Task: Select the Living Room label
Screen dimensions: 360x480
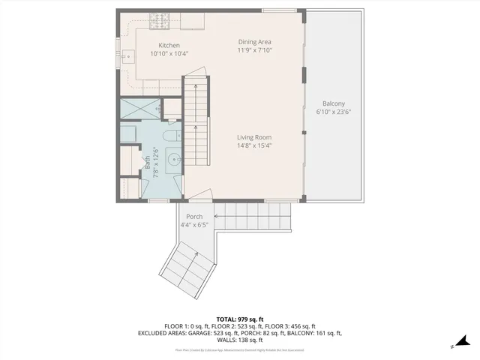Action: tap(254, 137)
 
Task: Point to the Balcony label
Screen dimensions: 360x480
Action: tap(334, 103)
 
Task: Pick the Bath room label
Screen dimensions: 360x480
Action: tap(147, 160)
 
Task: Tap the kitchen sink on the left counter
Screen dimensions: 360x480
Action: tap(126, 55)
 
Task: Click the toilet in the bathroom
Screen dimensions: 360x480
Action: tap(171, 137)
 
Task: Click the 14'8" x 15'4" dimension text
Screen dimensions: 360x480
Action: tap(254, 145)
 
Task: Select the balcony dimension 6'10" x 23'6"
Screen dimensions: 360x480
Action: tap(334, 112)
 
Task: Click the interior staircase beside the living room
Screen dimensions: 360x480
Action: tap(197, 120)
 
